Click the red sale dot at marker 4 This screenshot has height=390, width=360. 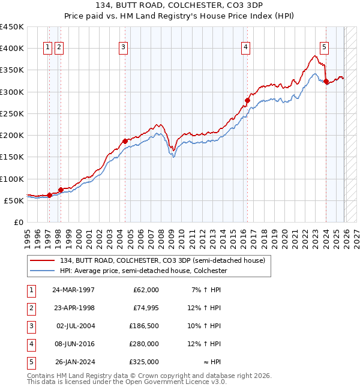coord(247,100)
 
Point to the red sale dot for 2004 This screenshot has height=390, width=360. coord(125,141)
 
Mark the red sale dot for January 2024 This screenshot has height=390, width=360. coord(326,82)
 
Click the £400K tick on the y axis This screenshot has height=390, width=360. coord(12,49)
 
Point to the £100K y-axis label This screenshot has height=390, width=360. coord(12,179)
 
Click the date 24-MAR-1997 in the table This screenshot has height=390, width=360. coord(73,290)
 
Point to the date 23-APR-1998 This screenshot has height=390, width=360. coord(73,308)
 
